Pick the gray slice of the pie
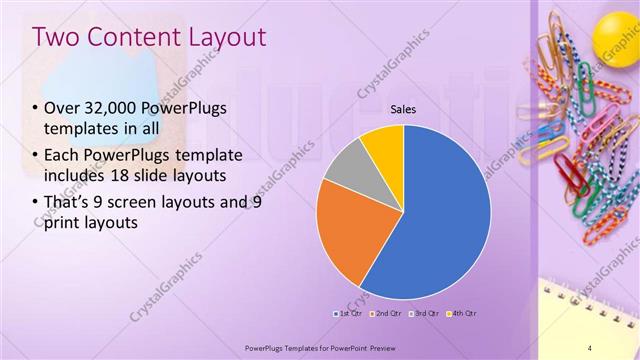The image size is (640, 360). pyautogui.click(x=346, y=167)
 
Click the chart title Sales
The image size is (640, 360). pyautogui.click(x=403, y=110)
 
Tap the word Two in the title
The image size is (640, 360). pyautogui.click(x=57, y=38)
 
